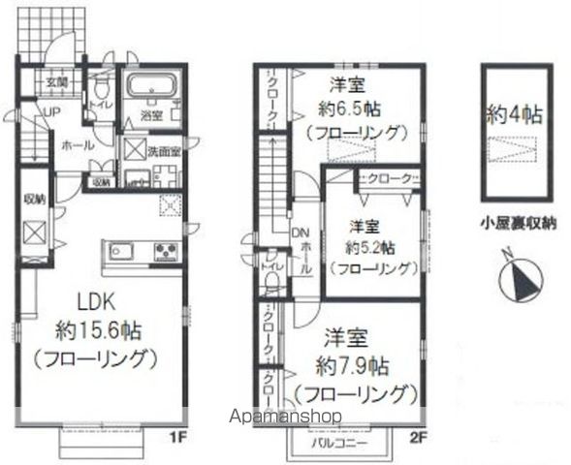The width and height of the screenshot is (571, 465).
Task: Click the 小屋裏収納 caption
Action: tap(516, 222)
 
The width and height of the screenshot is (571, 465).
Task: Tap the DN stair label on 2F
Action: tap(298, 233)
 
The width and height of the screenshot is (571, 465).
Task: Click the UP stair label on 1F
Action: tap(45, 113)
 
